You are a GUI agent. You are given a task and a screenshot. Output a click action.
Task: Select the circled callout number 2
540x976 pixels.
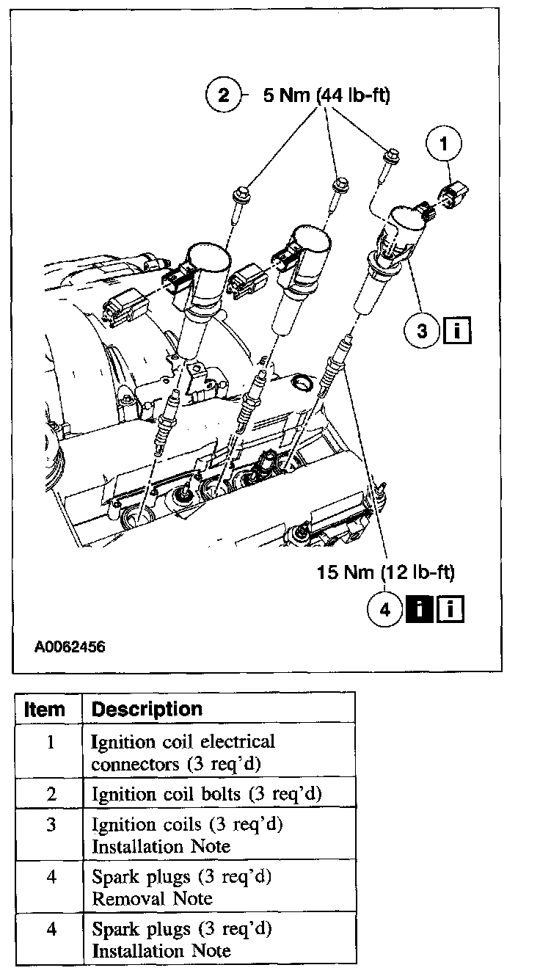(223, 95)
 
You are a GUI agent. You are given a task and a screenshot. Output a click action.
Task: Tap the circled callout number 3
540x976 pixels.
(421, 331)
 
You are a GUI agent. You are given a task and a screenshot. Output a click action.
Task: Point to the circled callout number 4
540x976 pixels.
(386, 609)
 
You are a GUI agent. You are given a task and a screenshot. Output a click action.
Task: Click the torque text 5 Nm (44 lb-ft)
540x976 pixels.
(326, 95)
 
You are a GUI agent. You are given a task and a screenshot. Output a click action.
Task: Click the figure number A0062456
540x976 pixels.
(69, 647)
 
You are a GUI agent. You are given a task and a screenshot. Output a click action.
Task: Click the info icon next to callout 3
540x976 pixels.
(456, 331)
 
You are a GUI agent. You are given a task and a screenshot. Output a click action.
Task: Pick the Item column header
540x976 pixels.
(45, 710)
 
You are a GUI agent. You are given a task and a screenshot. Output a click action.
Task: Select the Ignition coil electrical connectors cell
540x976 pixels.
(183, 752)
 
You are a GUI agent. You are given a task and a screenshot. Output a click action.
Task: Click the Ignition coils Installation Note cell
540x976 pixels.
(187, 835)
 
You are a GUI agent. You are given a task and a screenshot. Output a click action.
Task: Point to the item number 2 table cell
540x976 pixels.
(50, 794)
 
